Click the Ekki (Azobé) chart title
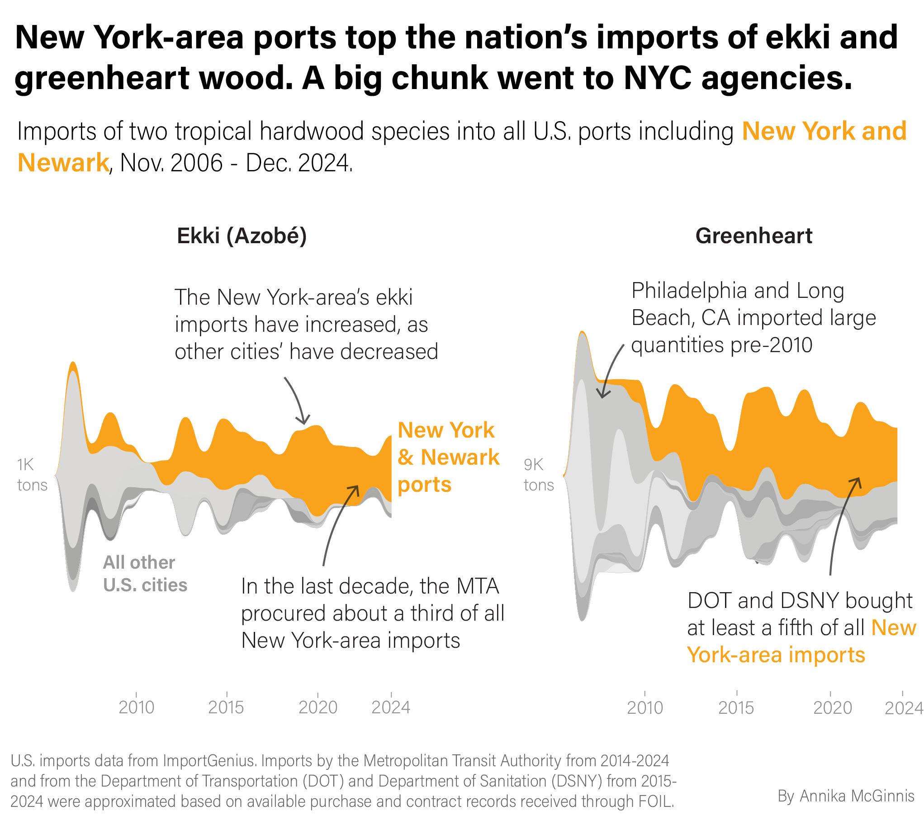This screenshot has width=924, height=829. pos(242,236)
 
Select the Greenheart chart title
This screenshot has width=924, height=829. pos(753,236)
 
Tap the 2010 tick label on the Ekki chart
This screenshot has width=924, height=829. pos(136,707)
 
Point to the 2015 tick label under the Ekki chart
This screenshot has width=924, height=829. pos(226,707)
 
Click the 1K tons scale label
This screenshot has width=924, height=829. pos(32,475)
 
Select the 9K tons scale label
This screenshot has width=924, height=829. pos(538,475)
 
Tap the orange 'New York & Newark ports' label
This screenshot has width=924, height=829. pos(448,457)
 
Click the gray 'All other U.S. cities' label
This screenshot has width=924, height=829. pos(145,574)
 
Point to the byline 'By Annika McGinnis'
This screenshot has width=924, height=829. pos(846,796)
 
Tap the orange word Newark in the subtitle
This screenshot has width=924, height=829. pos(63,163)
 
